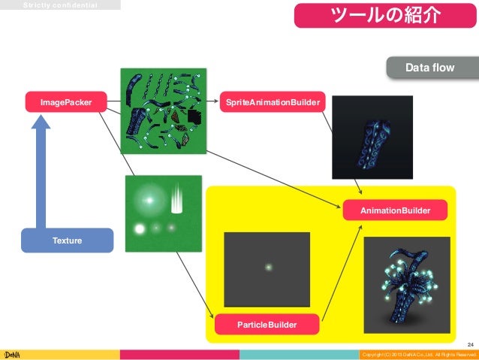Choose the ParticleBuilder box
pyautogui.click(x=267, y=325)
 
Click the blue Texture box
pyautogui.click(x=67, y=240)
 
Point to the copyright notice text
pyautogui.click(x=419, y=354)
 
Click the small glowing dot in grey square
pyautogui.click(x=267, y=266)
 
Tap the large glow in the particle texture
pyautogui.click(x=149, y=199)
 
